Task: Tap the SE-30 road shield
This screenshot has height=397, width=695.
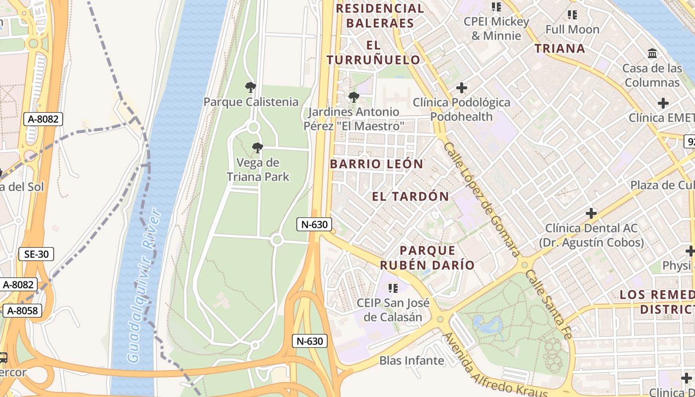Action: click(x=36, y=255)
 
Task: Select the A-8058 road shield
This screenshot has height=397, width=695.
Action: click(x=22, y=311)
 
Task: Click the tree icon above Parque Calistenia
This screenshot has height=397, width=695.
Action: click(x=251, y=88)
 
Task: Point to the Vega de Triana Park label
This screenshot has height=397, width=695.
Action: click(x=258, y=170)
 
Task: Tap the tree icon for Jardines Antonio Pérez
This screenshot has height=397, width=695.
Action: click(x=353, y=97)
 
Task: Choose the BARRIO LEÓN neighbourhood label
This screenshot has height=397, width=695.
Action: click(x=376, y=164)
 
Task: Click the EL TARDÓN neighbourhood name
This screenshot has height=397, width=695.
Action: click(x=411, y=197)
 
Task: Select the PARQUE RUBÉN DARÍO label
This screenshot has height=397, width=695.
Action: click(x=427, y=258)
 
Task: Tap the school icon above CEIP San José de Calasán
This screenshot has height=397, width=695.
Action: click(x=393, y=288)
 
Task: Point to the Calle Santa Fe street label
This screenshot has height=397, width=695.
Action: click(x=549, y=304)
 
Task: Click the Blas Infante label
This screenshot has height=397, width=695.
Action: click(x=412, y=360)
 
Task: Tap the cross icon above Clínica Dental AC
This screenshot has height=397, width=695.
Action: click(x=591, y=214)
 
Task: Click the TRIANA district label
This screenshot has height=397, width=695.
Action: click(x=560, y=48)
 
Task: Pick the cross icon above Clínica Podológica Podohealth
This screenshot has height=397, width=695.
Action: click(x=462, y=88)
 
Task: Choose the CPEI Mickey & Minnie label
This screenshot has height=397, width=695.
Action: click(x=496, y=29)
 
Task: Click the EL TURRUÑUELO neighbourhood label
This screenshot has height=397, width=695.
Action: click(x=373, y=53)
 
